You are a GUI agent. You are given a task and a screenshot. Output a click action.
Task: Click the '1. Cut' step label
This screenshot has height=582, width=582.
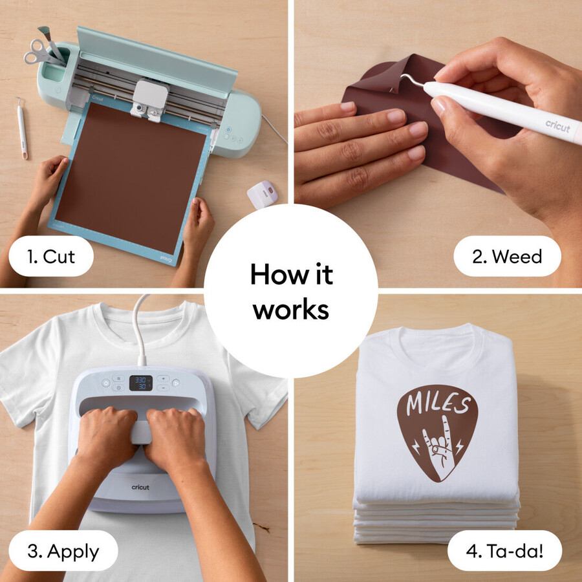pos(51,256)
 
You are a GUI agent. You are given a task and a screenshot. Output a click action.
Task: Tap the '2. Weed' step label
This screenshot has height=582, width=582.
pos(507,256)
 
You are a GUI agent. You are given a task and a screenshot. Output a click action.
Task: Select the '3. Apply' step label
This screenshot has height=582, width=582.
pos(63,551)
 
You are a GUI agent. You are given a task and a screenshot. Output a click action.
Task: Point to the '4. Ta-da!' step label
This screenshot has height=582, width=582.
pos(505,551)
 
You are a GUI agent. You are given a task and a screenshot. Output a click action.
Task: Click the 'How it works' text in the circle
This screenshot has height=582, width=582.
pos(292,291)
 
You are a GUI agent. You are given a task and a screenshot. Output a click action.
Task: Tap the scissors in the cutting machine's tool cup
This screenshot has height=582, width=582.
pos(39,52)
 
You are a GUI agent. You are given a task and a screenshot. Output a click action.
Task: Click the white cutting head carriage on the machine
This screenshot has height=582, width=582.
pos(150,98)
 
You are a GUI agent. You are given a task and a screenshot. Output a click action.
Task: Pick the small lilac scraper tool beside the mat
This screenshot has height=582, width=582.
pos(263,194)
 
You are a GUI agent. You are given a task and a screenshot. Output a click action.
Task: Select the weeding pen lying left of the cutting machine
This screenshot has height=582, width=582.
pos(22,128)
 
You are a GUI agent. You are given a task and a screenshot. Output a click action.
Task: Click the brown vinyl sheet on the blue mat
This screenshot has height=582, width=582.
pos(131,177)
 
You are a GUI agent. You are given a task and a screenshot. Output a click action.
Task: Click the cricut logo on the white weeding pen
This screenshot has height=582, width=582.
pos(558,126)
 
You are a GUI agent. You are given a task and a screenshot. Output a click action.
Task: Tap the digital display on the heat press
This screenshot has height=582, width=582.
pos(141,383)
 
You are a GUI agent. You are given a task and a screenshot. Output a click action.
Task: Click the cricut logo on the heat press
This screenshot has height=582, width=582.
pos(140,487)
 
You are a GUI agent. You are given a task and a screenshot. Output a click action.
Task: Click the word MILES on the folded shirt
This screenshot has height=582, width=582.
pos(438,403)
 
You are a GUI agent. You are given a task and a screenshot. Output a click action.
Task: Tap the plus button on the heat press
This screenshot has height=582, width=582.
pos(163,378)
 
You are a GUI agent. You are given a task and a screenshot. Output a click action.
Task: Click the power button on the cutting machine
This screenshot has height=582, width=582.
pos(228,130)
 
